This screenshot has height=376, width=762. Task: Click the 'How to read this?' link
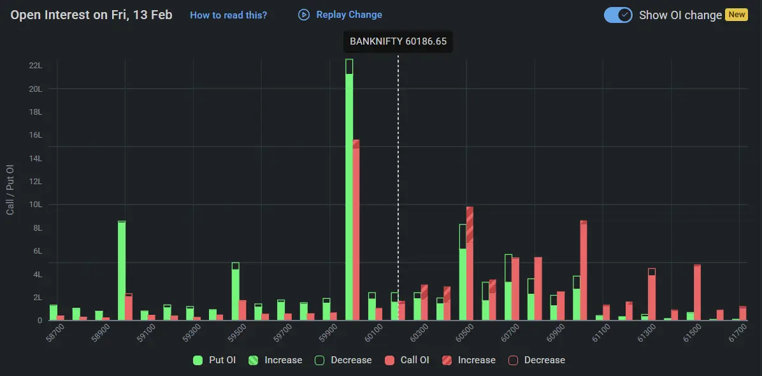(228, 15)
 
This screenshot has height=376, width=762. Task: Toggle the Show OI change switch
(618, 15)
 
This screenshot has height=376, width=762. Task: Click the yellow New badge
(737, 15)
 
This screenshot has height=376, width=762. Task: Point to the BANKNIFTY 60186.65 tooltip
(398, 42)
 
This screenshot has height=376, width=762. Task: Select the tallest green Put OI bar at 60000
(349, 191)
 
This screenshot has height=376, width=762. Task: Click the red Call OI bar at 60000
(356, 229)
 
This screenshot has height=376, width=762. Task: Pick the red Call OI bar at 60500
(470, 264)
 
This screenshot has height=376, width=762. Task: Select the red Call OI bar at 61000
(584, 271)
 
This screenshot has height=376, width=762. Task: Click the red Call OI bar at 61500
(697, 293)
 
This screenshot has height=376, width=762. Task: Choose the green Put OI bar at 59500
(236, 293)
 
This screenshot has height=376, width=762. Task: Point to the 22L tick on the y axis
(36, 66)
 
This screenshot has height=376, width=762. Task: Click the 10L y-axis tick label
(36, 205)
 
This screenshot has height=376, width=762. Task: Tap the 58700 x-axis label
(55, 333)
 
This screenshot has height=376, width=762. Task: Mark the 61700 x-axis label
(738, 333)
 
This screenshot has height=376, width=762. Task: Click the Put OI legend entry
(214, 360)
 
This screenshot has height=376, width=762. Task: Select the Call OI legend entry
(407, 360)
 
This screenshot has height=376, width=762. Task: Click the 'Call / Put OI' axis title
(10, 189)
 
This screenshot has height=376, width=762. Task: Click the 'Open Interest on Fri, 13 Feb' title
(91, 15)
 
